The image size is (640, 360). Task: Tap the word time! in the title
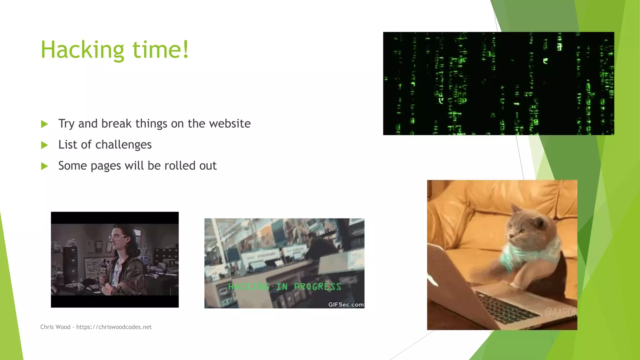(x=161, y=50)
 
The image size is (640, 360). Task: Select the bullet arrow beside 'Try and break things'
(x=44, y=124)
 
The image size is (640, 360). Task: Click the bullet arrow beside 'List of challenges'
(x=44, y=145)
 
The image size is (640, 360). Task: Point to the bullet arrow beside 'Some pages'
(x=44, y=166)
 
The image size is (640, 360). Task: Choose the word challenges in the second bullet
(x=123, y=145)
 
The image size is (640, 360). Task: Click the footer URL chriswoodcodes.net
(x=114, y=327)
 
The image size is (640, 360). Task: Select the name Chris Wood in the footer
(x=55, y=327)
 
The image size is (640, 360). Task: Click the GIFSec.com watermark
(x=346, y=305)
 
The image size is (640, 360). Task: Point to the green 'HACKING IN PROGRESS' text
(x=284, y=287)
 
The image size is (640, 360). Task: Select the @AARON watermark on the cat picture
(x=561, y=312)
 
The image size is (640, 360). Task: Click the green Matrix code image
(x=498, y=83)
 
